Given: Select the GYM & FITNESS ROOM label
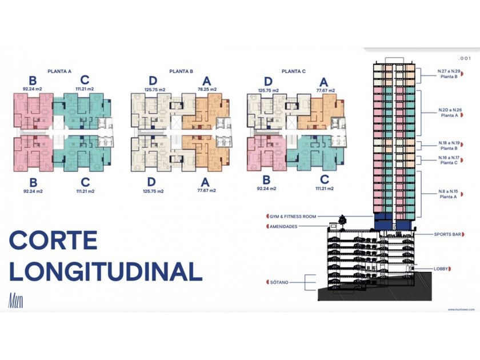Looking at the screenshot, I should pyautogui.click(x=294, y=217).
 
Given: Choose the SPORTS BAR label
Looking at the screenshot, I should pyautogui.click(x=445, y=234).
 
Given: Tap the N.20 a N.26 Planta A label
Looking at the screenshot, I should pyautogui.click(x=448, y=112).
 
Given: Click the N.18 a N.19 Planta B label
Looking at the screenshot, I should pyautogui.click(x=448, y=146).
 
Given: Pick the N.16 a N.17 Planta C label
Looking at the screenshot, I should pyautogui.click(x=448, y=160).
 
